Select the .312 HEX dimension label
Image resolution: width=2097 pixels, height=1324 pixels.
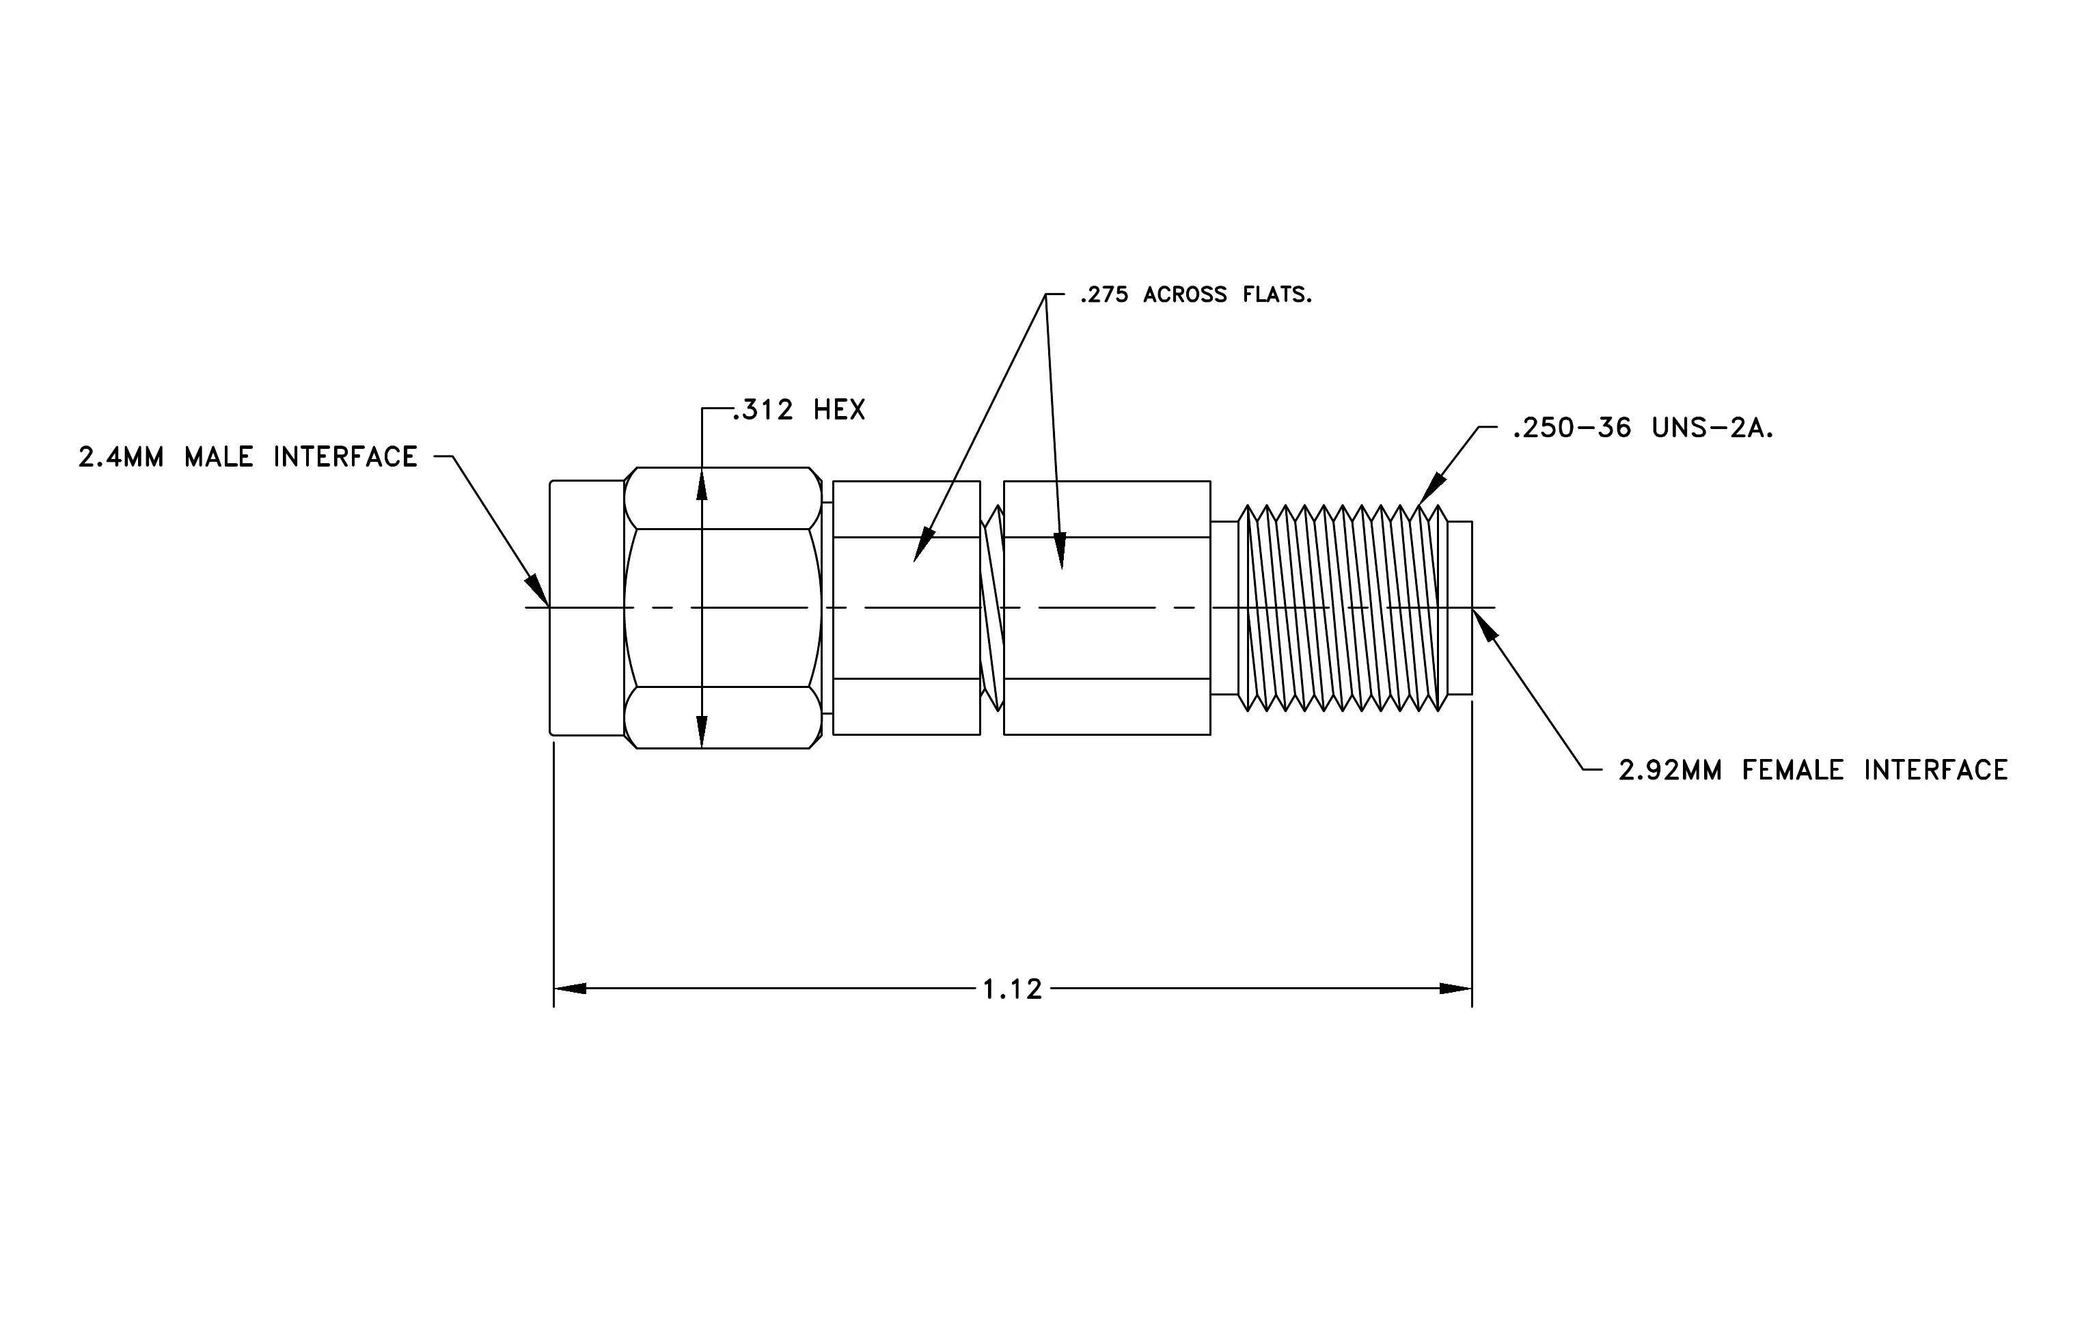click(799, 410)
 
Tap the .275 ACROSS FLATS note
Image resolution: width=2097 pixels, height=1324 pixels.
click(1196, 295)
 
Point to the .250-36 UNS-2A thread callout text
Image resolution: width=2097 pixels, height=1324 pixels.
click(1643, 428)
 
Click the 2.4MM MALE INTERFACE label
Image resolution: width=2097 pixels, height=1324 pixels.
click(248, 457)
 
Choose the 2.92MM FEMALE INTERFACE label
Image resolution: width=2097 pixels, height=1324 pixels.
click(1813, 771)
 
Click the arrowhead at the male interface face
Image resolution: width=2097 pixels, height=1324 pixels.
click(537, 590)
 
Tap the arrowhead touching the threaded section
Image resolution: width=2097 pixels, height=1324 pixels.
click(1431, 491)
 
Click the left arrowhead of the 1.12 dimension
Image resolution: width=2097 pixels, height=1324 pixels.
click(571, 989)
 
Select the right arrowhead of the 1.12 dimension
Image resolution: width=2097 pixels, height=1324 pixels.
click(1455, 989)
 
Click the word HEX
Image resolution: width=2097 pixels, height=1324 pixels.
click(840, 410)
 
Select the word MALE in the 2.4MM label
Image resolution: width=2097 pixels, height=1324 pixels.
click(219, 457)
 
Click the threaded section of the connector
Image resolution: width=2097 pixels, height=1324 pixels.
click(1343, 607)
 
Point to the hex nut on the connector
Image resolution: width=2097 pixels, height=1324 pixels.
click(723, 607)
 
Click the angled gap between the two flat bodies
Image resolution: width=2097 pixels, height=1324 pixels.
click(992, 607)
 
